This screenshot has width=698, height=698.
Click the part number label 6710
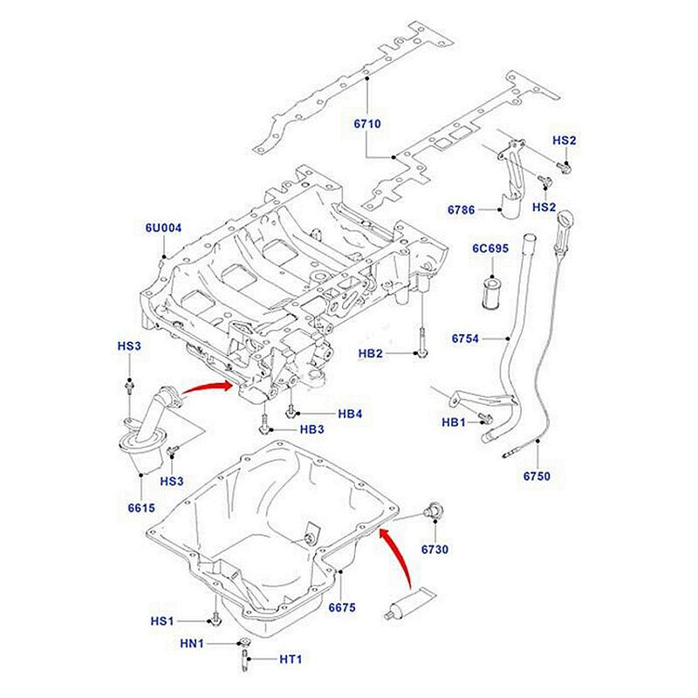[x=367, y=125]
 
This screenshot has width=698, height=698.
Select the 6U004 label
[x=163, y=229]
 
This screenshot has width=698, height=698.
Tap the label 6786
[x=461, y=210]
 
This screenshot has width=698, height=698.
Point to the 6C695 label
[x=490, y=249]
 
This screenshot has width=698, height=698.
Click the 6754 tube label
[x=466, y=338]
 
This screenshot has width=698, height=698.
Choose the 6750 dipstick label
[x=537, y=476]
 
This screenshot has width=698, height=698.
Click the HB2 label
[x=373, y=353]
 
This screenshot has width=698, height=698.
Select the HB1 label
[x=455, y=422]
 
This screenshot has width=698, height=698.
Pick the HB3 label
[x=312, y=430]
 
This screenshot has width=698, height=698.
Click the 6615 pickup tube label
[x=140, y=509]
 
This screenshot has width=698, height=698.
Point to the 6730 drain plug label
[x=434, y=550]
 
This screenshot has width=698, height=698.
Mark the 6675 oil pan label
[x=342, y=607]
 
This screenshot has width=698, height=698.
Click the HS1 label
[x=163, y=621]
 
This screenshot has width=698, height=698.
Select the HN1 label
[x=191, y=644]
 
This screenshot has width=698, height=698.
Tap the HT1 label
[x=289, y=659]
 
